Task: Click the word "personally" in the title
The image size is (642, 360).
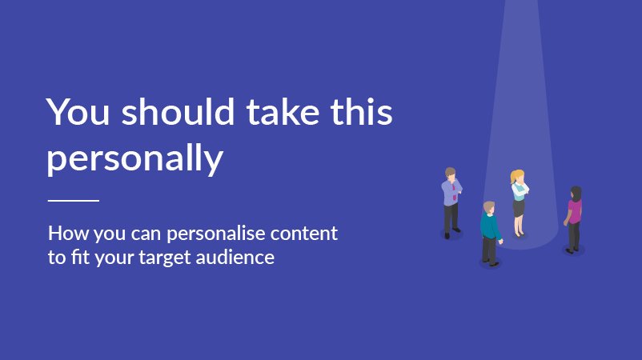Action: pyautogui.click(x=134, y=159)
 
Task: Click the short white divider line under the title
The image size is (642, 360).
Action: pyautogui.click(x=74, y=200)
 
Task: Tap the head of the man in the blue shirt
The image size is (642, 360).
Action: pyautogui.click(x=451, y=174)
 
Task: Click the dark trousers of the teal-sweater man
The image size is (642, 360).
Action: pyautogui.click(x=488, y=249)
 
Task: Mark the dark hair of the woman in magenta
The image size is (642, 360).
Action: pyautogui.click(x=576, y=193)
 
